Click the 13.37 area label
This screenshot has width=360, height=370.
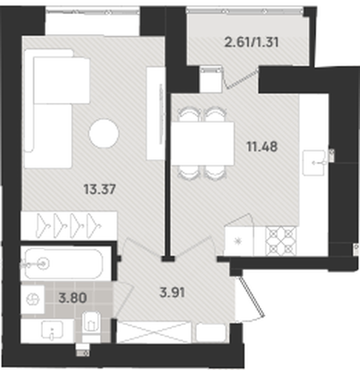tap(99, 189)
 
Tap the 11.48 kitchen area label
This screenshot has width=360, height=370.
tap(262, 147)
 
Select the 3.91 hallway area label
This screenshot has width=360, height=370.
tap(173, 292)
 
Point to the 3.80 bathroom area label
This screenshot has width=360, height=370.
tap(73, 297)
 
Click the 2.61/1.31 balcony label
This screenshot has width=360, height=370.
tap(252, 42)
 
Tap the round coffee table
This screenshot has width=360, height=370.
tap(104, 133)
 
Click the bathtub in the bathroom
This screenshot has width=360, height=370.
tap(64, 263)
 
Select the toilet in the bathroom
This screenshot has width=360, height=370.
tap(91, 327)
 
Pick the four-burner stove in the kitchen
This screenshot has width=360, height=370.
tap(281, 241)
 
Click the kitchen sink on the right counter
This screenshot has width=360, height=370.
tap(314, 163)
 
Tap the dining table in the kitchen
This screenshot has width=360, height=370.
tap(203, 144)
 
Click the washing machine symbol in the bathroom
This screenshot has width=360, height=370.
tap(33, 300)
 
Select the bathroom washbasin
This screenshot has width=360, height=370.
tap(52, 330)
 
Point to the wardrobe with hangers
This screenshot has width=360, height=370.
tap(69, 226)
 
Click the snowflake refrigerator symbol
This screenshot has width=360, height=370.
tap(239, 241)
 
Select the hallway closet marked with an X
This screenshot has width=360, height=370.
tap(153, 332)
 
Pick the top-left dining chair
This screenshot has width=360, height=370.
tap(189, 115)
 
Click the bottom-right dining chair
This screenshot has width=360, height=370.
tap(216, 172)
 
